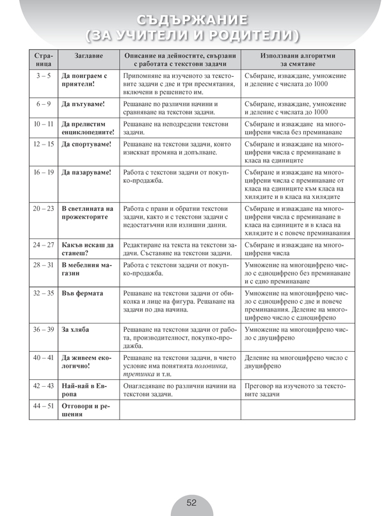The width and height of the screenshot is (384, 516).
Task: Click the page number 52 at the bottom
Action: pyautogui.click(x=191, y=503)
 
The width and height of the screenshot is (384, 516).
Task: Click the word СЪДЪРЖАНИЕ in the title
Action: pyautogui.click(x=191, y=17)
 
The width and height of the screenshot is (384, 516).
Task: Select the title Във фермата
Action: pyautogui.click(x=82, y=293)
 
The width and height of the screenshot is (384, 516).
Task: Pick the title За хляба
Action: pyautogui.click(x=76, y=329)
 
